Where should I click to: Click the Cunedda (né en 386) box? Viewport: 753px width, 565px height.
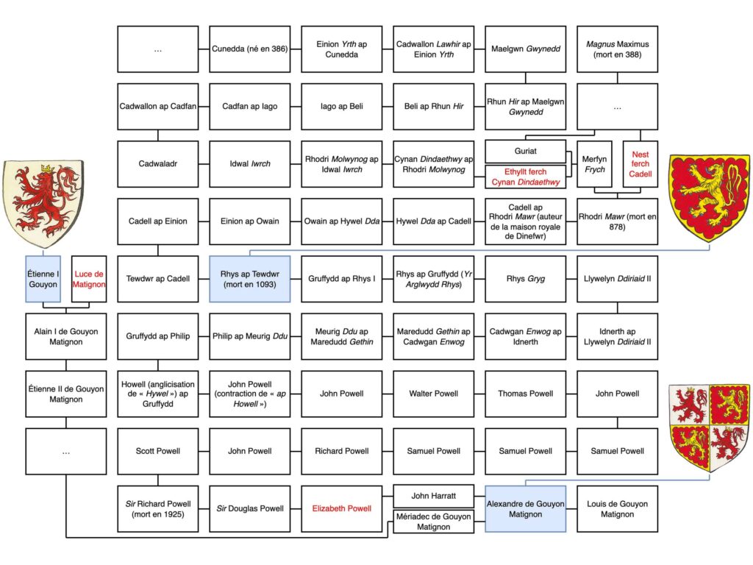pyautogui.click(x=249, y=49)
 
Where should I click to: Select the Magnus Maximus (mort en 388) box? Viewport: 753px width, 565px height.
pyautogui.click(x=617, y=49)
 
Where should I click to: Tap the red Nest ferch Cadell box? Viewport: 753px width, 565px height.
pyautogui.click(x=640, y=163)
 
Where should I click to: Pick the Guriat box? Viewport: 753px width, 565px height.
pyautogui.click(x=525, y=151)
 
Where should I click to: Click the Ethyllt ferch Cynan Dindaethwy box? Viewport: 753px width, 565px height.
pyautogui.click(x=525, y=177)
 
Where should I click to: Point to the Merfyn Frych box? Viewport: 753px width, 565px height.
pyautogui.click(x=594, y=163)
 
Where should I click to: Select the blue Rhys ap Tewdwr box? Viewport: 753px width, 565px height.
pyautogui.click(x=249, y=279)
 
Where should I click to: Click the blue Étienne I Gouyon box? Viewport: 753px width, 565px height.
pyautogui.click(x=43, y=279)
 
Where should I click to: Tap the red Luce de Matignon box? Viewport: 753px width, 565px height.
pyautogui.click(x=89, y=279)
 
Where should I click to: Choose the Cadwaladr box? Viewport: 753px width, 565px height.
pyautogui.click(x=157, y=163)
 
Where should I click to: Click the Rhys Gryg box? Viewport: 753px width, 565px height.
pyautogui.click(x=525, y=279)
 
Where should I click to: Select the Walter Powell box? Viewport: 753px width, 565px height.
pyautogui.click(x=433, y=394)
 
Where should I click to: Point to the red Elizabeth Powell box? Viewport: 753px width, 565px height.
pyautogui.click(x=341, y=508)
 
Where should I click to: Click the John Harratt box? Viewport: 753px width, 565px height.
pyautogui.click(x=433, y=496)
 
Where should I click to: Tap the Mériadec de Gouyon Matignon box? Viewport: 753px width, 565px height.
pyautogui.click(x=433, y=521)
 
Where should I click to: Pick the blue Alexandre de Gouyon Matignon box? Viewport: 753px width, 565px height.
pyautogui.click(x=525, y=508)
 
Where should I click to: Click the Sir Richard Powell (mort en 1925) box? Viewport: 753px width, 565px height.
pyautogui.click(x=157, y=508)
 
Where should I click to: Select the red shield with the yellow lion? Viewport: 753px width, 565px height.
pyautogui.click(x=709, y=199)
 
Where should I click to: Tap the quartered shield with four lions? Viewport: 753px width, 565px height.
pyautogui.click(x=709, y=427)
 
